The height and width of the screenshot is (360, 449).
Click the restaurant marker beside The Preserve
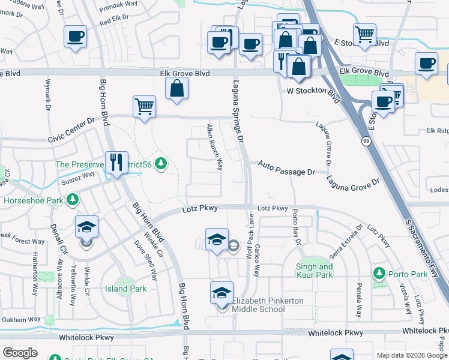116,162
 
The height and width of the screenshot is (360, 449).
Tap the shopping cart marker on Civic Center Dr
144,107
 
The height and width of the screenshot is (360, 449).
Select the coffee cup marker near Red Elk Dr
75,37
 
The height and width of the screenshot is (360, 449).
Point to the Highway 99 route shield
365,141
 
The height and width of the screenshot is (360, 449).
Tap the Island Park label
125,289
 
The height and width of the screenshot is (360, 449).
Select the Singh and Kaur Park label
315,271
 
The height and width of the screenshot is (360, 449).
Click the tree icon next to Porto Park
379,274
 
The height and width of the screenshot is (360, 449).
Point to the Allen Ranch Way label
214,147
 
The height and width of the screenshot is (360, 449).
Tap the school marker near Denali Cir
87,228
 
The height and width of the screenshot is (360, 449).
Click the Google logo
20,353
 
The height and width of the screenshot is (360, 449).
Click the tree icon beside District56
160,163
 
